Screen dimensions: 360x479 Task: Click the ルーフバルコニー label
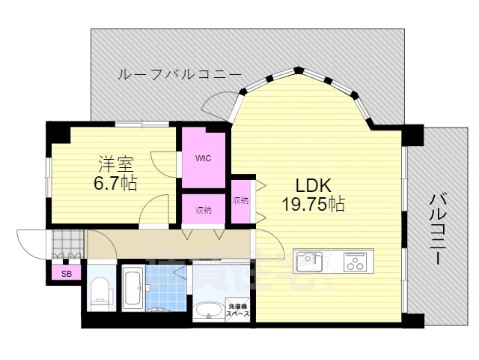[x=179, y=74]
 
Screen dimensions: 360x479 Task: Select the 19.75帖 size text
[x=313, y=204]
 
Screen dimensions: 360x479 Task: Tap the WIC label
[x=203, y=158]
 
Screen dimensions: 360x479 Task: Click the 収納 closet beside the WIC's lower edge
[x=204, y=209]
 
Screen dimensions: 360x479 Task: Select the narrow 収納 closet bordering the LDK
[x=240, y=200]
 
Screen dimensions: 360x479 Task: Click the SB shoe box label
[x=67, y=274]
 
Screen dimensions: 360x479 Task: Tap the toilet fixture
[x=99, y=292]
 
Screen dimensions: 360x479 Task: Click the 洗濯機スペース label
[x=239, y=310]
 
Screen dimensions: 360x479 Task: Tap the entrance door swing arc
[x=30, y=243]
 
